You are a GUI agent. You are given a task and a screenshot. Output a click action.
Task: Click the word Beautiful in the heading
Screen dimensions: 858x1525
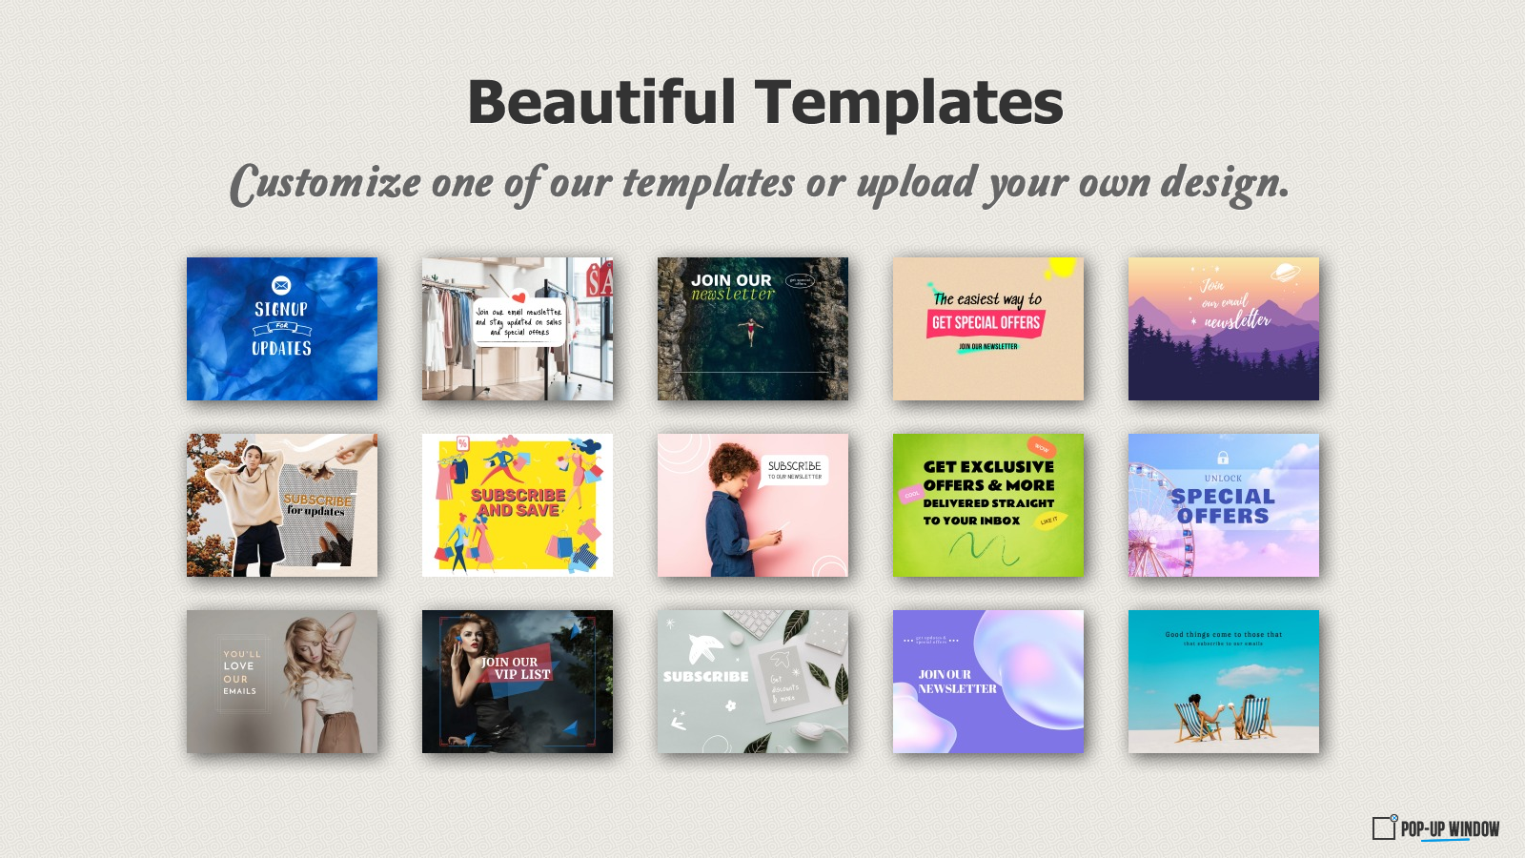[x=601, y=103]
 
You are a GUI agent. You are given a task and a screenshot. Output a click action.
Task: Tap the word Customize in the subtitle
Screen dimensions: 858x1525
[x=325, y=183]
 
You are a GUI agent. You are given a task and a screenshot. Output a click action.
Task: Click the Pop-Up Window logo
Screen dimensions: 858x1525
[x=1435, y=827]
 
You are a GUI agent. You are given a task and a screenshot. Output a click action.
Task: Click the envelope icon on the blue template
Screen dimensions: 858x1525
[x=281, y=285]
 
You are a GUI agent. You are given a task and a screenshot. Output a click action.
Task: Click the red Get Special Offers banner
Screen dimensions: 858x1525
[x=986, y=323]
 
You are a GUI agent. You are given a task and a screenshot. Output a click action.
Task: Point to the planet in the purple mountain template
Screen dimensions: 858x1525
[x=1285, y=274]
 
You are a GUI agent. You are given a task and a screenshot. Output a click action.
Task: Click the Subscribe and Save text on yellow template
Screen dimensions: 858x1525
[x=518, y=502]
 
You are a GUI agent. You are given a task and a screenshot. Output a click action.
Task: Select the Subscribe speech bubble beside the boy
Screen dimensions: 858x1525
[x=795, y=469]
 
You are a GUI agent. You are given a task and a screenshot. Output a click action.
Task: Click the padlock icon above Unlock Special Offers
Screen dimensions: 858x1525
[x=1223, y=458]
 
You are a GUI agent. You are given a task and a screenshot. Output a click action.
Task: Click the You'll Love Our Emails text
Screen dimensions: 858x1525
[x=240, y=672]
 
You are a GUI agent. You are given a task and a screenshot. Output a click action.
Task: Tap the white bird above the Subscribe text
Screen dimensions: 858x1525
[x=704, y=648]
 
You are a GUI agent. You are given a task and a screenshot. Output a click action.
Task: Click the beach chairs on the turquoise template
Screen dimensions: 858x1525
[x=1224, y=718]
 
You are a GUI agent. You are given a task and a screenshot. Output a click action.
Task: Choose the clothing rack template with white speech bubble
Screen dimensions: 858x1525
[x=518, y=329]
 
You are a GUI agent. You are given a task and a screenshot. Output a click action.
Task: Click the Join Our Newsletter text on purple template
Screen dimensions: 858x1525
[x=956, y=681]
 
